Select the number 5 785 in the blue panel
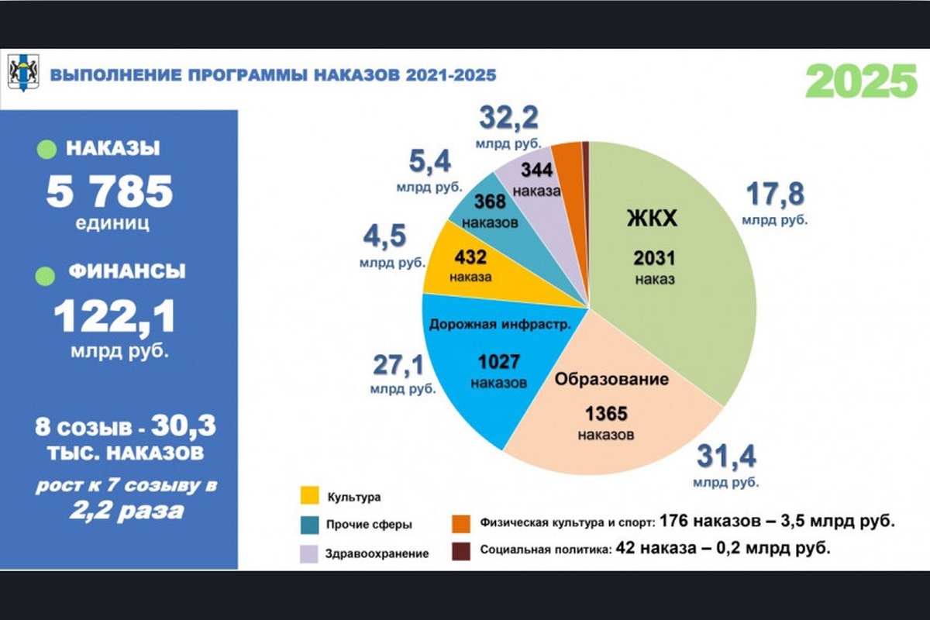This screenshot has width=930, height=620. [x=109, y=191]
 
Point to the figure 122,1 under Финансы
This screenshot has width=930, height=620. [x=114, y=317]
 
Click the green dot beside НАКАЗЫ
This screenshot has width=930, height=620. [x=46, y=149]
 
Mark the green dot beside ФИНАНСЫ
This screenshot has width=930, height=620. [x=46, y=274]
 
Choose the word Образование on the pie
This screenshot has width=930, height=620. [x=611, y=380]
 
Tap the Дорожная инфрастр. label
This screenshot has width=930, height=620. [x=500, y=324]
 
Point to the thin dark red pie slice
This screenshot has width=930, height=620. [x=586, y=155]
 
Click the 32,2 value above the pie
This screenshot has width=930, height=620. [x=509, y=119]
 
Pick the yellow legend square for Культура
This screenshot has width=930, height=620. [x=308, y=496]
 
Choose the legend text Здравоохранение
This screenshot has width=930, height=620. [x=378, y=553]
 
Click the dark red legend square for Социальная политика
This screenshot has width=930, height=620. [x=462, y=550]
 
